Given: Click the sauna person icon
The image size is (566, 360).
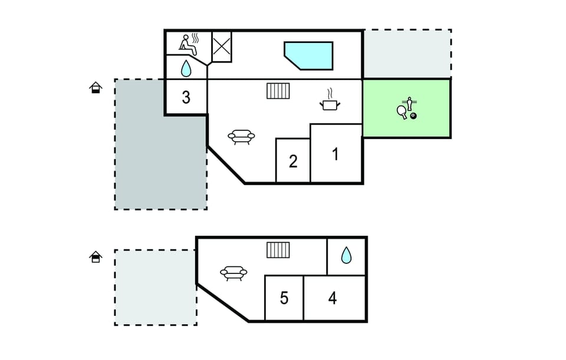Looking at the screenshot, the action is click(x=189, y=44).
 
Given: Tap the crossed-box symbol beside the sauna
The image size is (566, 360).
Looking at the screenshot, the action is click(x=222, y=47).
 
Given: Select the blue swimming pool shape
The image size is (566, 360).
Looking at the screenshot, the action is click(x=308, y=55).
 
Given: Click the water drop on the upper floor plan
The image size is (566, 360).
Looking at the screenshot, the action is click(x=186, y=68).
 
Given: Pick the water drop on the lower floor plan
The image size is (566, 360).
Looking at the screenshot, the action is click(x=346, y=255).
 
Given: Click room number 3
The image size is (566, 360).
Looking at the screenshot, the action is click(x=186, y=97).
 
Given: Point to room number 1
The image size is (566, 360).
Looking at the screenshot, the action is click(x=335, y=154).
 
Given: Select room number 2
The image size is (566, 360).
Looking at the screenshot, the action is click(x=293, y=161).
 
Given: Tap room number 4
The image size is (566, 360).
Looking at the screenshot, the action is click(x=333, y=298).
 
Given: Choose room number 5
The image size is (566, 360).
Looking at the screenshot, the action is click(x=284, y=298).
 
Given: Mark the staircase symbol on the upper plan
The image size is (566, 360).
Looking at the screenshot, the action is click(x=278, y=91).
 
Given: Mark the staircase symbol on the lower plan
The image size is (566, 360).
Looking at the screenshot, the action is click(x=278, y=250).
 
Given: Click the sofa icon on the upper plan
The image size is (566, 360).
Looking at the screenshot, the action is click(x=241, y=137).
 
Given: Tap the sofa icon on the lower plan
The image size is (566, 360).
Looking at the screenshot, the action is click(x=233, y=273).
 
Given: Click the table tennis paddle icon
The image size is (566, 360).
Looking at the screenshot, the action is click(x=402, y=111).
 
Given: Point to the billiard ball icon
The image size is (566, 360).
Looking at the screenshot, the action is click(x=413, y=116).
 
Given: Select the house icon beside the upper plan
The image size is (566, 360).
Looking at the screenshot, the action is click(x=96, y=88).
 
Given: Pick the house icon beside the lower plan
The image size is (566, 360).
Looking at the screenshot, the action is click(x=96, y=257).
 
